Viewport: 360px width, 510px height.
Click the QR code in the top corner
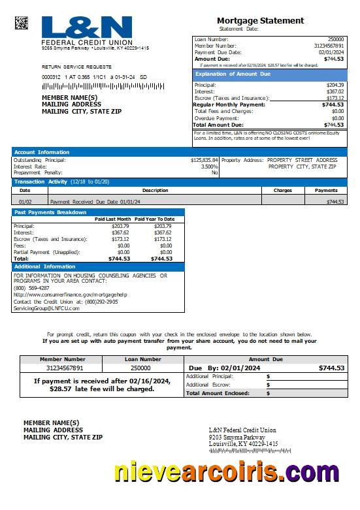(22, 23)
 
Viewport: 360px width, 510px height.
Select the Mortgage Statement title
(260, 21)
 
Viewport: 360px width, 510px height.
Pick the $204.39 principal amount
(335, 85)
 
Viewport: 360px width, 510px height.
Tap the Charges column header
(282, 191)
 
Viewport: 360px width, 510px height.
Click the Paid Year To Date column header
(155, 219)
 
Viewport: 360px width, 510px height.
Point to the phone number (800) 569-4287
(31, 288)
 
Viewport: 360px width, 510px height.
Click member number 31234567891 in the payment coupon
(62, 368)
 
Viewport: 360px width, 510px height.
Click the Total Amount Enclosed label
(218, 393)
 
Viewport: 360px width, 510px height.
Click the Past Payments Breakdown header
(50, 212)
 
